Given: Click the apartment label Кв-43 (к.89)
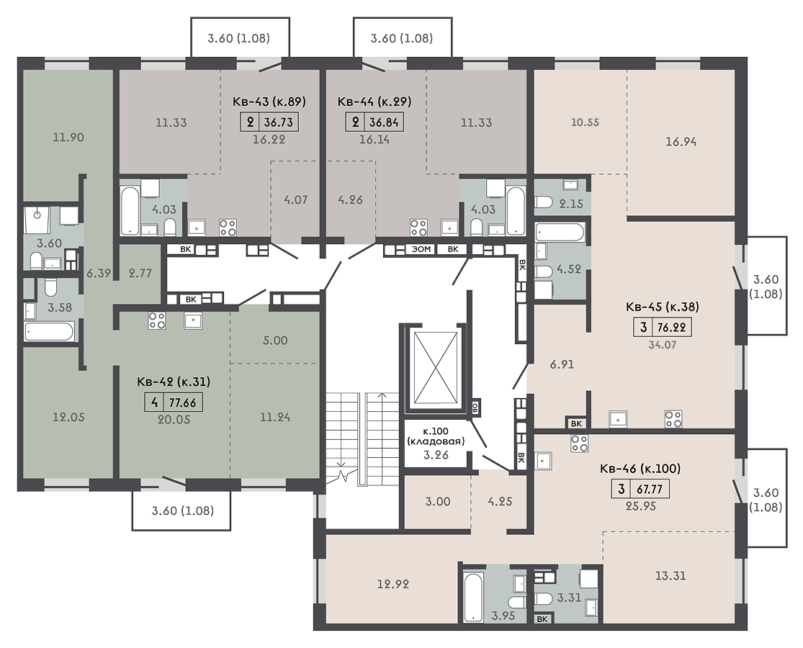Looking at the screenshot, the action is [x=269, y=102].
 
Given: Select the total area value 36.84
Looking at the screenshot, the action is [x=384, y=122].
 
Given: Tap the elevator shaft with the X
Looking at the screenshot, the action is [x=435, y=366].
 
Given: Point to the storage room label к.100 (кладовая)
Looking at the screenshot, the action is [x=436, y=436].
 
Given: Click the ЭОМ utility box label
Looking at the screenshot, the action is [x=421, y=249].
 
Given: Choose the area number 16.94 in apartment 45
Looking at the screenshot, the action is [x=681, y=142].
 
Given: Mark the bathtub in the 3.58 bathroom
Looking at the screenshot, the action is [x=50, y=331].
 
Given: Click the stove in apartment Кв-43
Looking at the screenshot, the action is [x=228, y=227].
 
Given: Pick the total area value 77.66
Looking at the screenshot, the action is [x=182, y=402].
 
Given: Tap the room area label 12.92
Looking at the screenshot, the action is [x=392, y=584].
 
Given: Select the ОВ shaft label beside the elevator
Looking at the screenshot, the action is [x=475, y=408].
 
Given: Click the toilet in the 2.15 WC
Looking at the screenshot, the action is [x=543, y=203].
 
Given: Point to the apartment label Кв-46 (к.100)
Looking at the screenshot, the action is [x=640, y=468].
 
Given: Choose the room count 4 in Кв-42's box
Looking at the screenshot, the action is [x=153, y=402].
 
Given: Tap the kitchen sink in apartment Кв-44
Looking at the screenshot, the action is [x=450, y=227].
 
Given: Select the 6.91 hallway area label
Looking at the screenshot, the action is [x=562, y=364].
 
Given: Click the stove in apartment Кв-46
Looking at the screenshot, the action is [x=579, y=444].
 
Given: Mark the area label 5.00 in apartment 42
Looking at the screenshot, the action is [x=275, y=341].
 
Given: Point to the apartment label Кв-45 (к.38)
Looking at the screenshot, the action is [x=662, y=307].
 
